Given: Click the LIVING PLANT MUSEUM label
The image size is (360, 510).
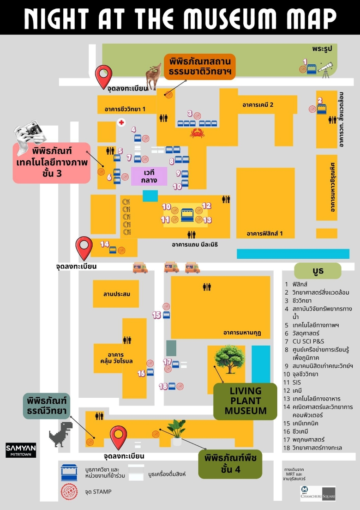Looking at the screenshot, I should pos(245,401).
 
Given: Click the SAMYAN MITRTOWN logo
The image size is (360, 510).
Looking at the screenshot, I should pos(21,450).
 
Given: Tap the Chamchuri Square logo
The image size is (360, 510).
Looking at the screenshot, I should pos(318,493).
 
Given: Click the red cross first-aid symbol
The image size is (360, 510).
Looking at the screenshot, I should pos(121,122).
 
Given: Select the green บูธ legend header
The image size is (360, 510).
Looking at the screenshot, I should pos(318,271).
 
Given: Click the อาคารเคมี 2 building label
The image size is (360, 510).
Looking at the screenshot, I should pos(258,105).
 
